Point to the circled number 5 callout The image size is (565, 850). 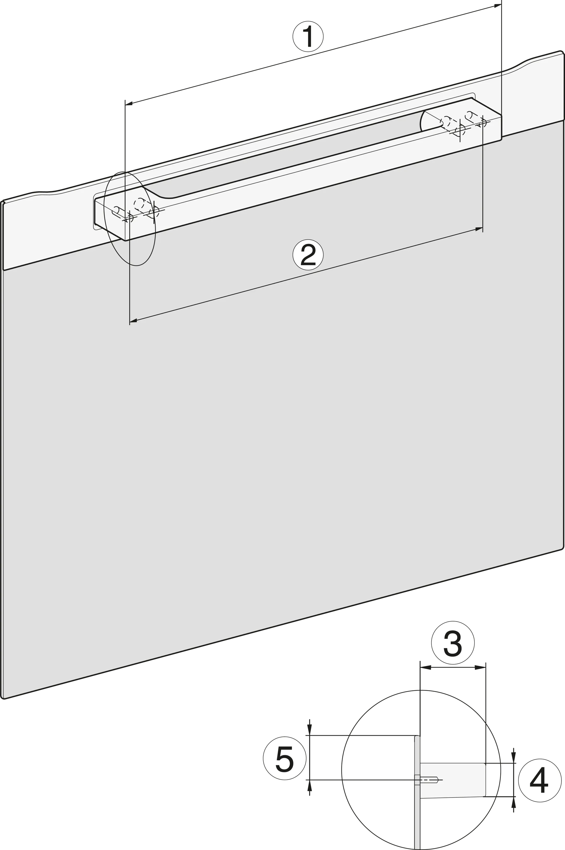click(285, 758)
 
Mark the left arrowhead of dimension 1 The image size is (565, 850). click(129, 104)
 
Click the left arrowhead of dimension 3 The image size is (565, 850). click(426, 667)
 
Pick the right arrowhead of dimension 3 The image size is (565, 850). click(480, 667)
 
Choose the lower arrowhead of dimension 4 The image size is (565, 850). click(513, 802)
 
